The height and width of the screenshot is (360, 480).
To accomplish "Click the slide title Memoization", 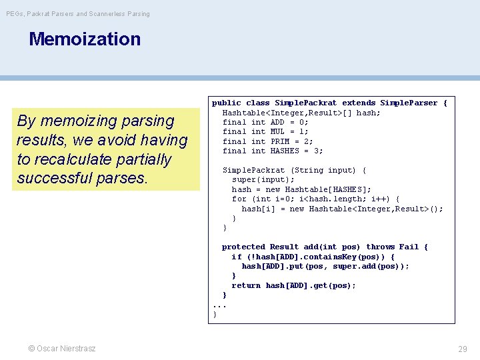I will tap(85, 39).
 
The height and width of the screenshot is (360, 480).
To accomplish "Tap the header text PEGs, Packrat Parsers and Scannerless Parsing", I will tap(78, 13).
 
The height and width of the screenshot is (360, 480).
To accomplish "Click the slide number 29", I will tap(462, 349).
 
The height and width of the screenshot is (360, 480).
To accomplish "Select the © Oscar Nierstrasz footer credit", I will tap(61, 349).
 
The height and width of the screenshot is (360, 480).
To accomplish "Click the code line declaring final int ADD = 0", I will tap(265, 122).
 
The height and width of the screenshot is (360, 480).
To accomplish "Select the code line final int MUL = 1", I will tap(265, 131).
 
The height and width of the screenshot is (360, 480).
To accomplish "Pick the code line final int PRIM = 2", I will tap(267, 141).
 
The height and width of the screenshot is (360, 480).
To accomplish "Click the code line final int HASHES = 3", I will tap(272, 151).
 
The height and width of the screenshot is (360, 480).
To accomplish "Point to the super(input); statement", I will tap(263, 179).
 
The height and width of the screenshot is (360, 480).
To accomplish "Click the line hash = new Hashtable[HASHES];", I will tap(301, 189).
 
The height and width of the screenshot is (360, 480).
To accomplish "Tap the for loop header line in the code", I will tap(315, 199).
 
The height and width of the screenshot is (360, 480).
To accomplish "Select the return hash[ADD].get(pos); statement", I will tap(293, 285).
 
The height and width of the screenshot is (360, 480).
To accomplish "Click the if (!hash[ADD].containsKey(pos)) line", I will tap(313, 257).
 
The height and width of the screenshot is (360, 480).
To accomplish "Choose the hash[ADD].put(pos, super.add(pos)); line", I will tap(325, 266).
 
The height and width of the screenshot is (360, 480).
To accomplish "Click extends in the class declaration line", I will tap(359, 103).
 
